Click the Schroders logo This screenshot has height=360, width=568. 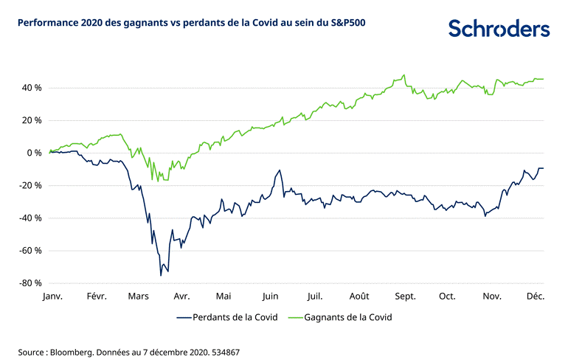499,29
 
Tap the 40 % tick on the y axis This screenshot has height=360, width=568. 30,88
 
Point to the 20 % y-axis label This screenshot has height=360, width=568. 30,120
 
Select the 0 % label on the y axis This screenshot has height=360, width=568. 32,153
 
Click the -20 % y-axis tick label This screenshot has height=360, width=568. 28,185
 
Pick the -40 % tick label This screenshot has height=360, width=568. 28,218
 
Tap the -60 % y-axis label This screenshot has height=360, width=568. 28,251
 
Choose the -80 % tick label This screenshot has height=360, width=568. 28,283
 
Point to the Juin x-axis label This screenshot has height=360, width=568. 270,296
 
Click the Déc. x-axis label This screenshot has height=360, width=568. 535,296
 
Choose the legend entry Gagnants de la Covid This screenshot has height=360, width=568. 354,318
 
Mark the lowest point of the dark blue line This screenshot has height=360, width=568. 160,276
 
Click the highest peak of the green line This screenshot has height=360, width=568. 404,75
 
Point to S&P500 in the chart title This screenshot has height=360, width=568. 345,23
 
